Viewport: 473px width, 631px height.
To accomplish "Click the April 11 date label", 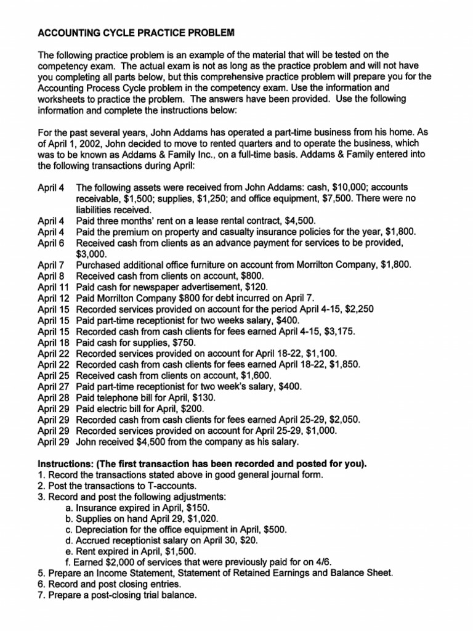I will click(54, 287).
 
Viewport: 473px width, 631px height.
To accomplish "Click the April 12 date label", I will click(54, 298).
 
